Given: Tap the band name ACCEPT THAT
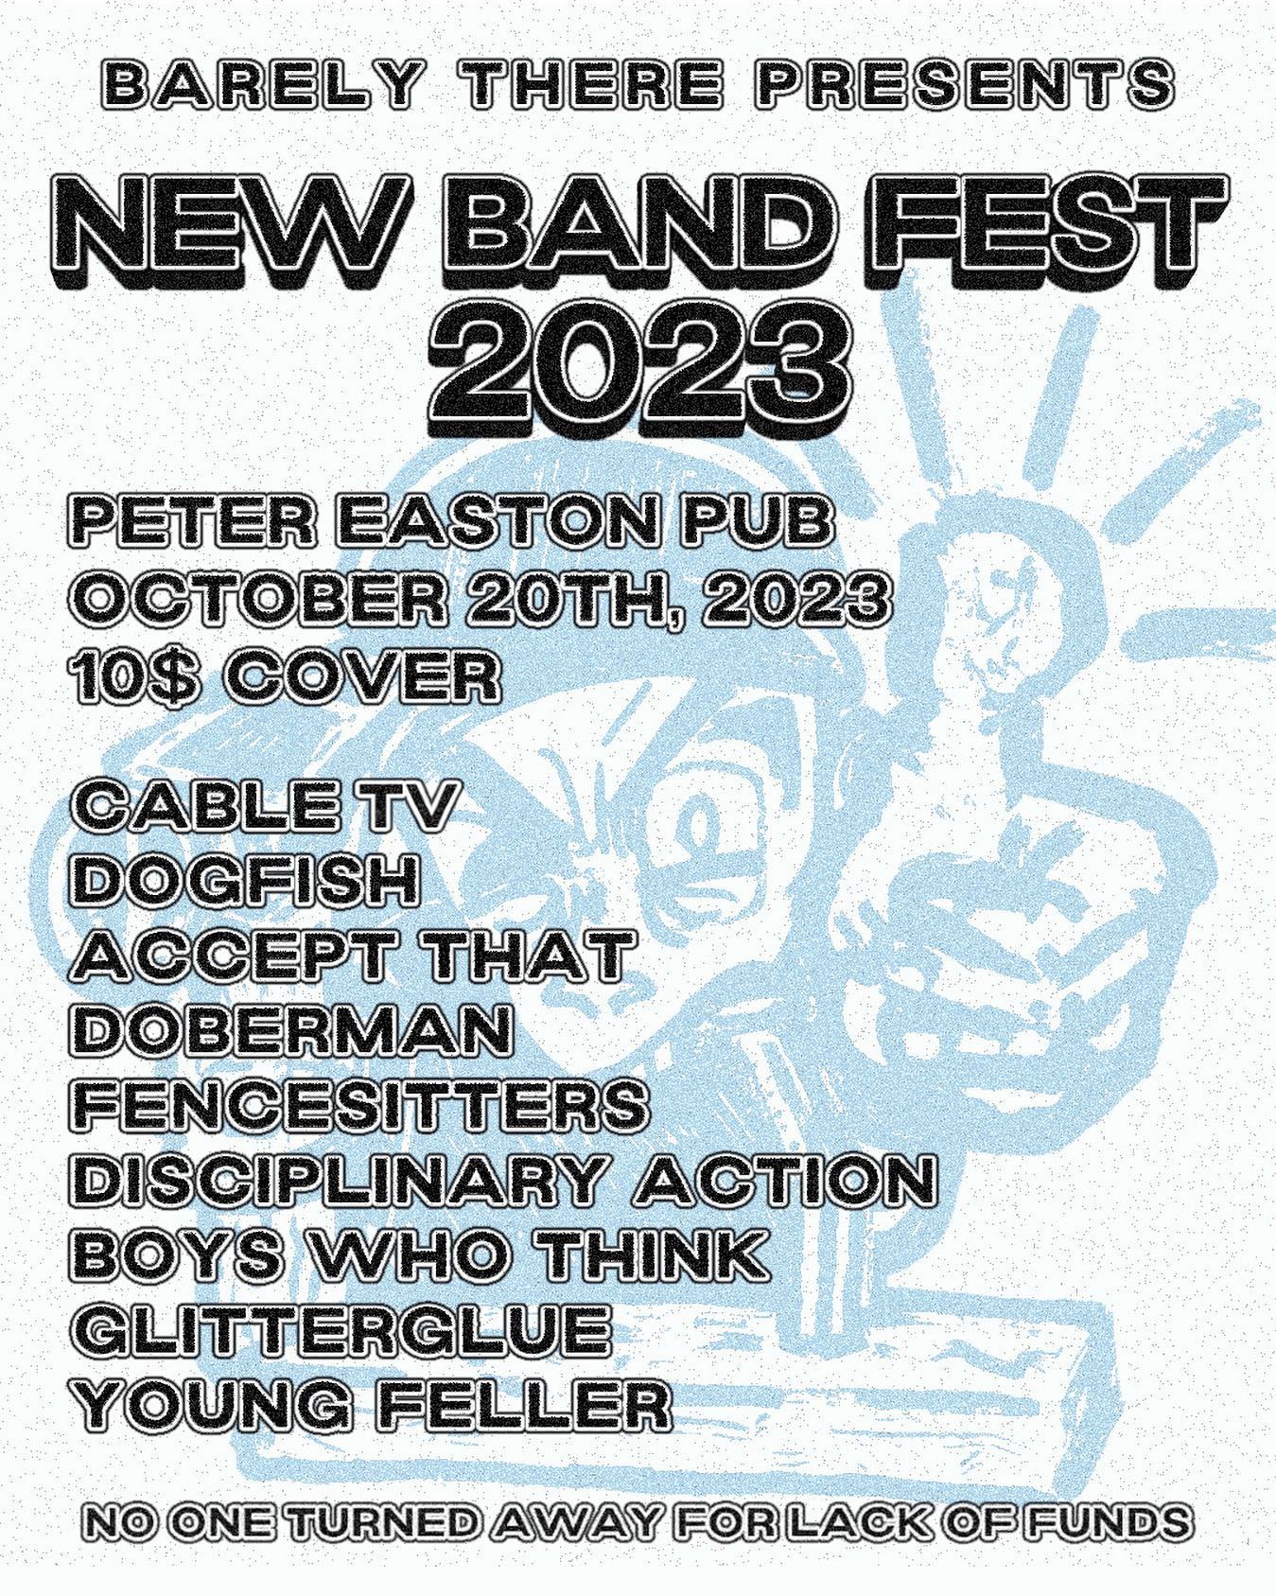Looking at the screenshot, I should pyautogui.click(x=352, y=956).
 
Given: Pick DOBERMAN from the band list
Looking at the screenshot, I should pyautogui.click(x=292, y=1029).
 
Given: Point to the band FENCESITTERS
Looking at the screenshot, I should pyautogui.click(x=360, y=1103).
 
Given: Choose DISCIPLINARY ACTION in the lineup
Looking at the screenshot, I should pyautogui.click(x=504, y=1179).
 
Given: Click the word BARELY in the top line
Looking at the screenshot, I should pyautogui.click(x=259, y=86).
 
